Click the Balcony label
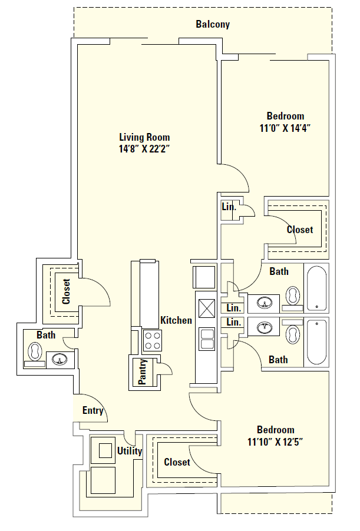212,25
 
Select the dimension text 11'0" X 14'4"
285,128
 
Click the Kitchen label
176,321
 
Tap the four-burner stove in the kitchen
152,340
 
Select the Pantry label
142,372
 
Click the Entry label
93,411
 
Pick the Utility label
129,452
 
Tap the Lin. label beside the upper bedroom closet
229,207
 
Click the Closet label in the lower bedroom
177,462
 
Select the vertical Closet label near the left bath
66,291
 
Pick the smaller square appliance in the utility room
104,451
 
